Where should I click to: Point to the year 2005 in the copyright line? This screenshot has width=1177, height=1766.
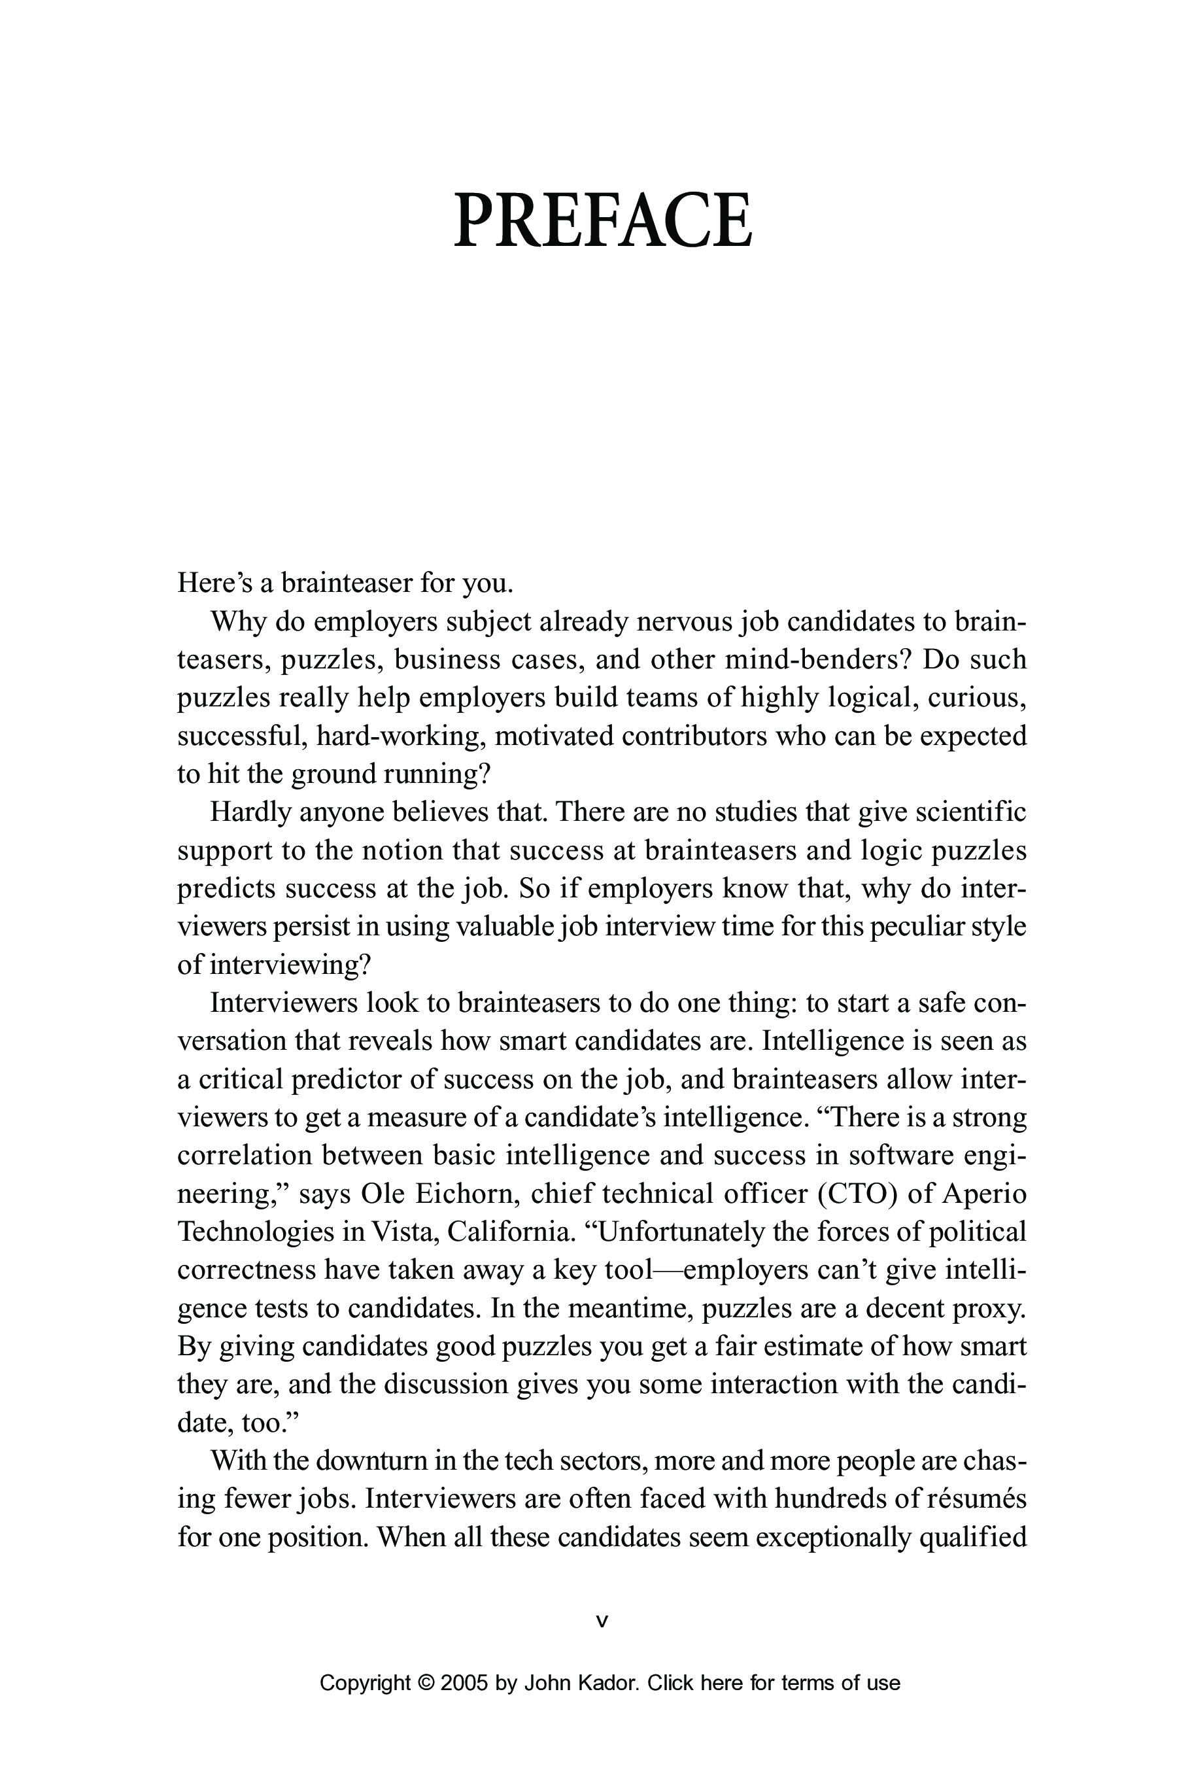click(464, 1684)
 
